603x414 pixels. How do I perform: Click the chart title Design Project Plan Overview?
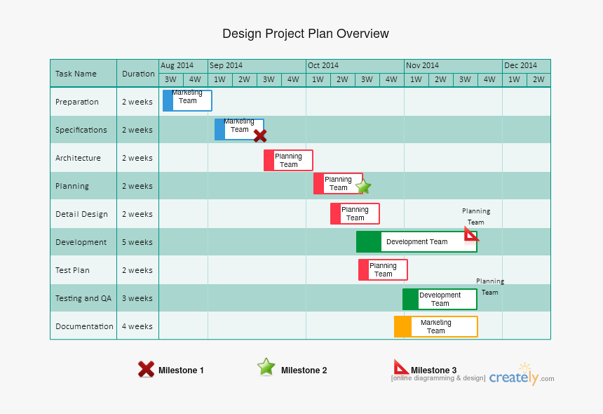(x=305, y=34)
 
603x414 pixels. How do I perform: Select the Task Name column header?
(x=76, y=74)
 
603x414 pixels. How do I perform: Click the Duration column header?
(x=138, y=74)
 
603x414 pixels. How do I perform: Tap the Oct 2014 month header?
(x=323, y=65)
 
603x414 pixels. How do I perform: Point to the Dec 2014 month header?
(x=520, y=65)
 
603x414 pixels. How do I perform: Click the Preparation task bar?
(x=187, y=100)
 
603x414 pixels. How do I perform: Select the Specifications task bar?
(x=238, y=129)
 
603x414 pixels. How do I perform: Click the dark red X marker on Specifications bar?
(x=260, y=135)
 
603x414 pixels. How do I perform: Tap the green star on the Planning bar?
(x=363, y=187)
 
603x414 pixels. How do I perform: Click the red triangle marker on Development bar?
(x=471, y=234)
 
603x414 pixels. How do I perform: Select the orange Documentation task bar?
(x=435, y=327)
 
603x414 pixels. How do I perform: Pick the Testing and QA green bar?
(x=440, y=299)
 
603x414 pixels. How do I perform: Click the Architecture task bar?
(x=288, y=161)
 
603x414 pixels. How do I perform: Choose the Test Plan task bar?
(x=383, y=270)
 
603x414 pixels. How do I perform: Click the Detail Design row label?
(x=81, y=214)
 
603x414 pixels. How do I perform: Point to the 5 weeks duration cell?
(x=137, y=242)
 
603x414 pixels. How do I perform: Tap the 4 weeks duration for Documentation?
(x=137, y=326)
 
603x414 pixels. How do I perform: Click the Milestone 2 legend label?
(x=304, y=370)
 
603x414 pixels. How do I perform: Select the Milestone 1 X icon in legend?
(x=146, y=369)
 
